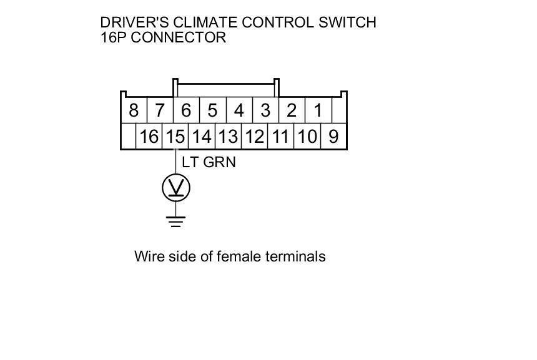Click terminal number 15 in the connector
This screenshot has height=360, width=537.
pos(175,137)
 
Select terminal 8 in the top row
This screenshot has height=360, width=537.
pos(133,111)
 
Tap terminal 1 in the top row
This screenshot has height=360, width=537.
pos(318,111)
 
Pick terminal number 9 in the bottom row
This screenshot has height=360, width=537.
pos(333,137)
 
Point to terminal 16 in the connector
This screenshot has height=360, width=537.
pos(149,137)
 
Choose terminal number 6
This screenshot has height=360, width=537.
pos(186,111)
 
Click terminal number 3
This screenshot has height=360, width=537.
pos(265,111)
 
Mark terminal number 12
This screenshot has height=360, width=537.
pos(254,137)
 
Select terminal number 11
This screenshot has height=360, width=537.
pos(280,137)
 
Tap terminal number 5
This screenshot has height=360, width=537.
pos(212,111)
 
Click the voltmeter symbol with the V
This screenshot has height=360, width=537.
pos(176,188)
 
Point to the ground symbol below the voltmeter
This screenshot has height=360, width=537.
pos(176,221)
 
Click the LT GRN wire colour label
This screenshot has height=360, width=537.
pos(209,162)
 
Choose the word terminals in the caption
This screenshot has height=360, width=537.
pos(295,256)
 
